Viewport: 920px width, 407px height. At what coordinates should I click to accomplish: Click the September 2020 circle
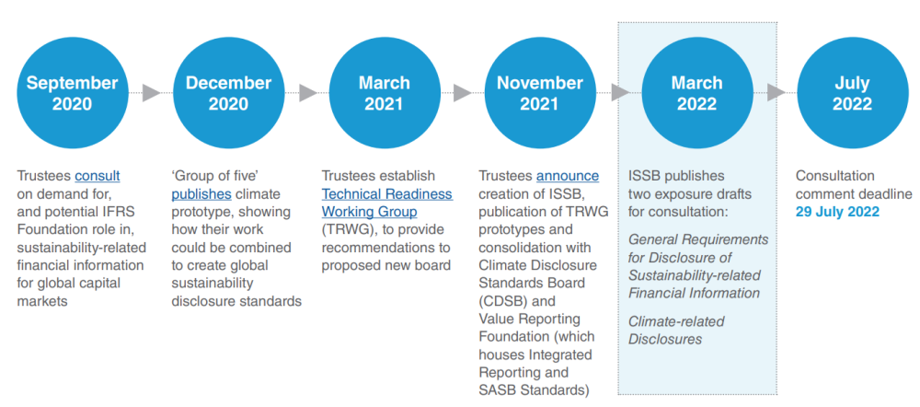[72, 93]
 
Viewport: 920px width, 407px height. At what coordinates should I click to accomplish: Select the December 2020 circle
[229, 93]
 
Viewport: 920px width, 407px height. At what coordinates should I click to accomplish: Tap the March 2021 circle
[385, 93]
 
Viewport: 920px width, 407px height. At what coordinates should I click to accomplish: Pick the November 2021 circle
[540, 93]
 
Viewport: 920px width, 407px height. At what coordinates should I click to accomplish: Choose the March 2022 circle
[697, 93]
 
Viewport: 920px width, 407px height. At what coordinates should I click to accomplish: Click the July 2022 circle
[852, 93]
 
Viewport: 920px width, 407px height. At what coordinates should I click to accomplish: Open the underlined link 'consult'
[98, 176]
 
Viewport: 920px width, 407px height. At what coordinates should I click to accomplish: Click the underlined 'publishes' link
[201, 193]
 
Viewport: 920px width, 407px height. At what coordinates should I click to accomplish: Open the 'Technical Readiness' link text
[386, 193]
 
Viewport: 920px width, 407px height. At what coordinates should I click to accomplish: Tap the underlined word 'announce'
[568, 176]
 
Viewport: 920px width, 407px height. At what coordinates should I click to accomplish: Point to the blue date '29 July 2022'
[838, 212]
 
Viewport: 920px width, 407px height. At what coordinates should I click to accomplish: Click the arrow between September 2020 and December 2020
[151, 93]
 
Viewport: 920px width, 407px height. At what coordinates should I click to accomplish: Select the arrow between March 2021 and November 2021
[462, 93]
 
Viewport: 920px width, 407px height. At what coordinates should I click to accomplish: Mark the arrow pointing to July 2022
[776, 93]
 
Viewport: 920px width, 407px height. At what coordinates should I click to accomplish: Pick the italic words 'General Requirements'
[698, 239]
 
